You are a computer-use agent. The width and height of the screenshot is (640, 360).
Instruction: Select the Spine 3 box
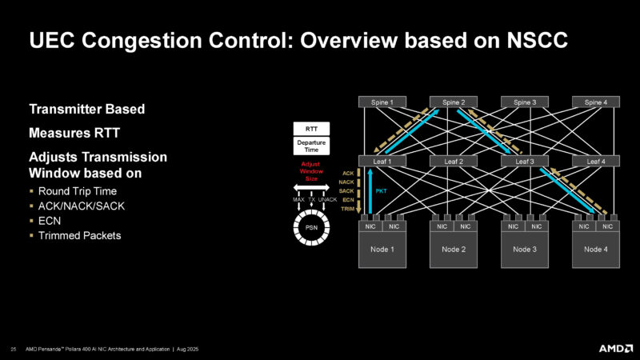524,102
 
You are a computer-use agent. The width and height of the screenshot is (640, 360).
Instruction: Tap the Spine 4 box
595,102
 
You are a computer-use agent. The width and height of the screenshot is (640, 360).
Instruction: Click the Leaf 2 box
454,161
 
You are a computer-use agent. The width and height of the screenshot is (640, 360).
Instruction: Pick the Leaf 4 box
595,161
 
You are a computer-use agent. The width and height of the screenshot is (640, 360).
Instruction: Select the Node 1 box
382,249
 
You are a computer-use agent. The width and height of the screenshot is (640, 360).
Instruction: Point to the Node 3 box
524,249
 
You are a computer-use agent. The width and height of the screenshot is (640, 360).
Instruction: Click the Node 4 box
595,249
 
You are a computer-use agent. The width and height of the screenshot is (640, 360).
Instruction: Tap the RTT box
313,129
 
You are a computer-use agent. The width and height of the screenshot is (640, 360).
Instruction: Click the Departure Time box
313,146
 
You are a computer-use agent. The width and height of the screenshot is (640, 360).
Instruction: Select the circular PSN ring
313,227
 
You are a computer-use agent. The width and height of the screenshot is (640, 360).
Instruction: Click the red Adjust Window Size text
313,170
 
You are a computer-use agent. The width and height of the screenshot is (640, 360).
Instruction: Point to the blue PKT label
381,191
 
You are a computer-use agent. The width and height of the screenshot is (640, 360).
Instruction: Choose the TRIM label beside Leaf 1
347,209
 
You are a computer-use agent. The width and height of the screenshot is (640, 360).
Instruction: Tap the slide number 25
14,348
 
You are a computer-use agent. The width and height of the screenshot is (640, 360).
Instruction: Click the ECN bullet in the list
49,221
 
